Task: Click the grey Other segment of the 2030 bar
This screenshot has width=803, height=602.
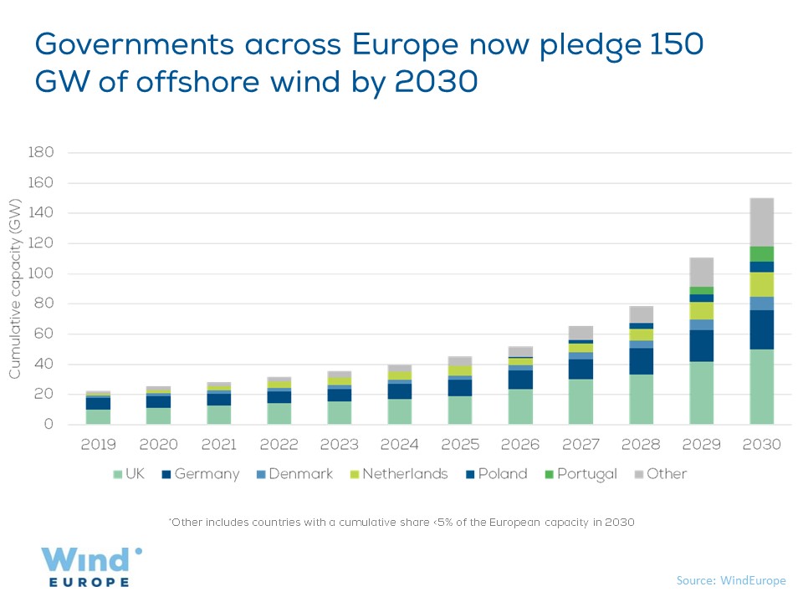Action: pyautogui.click(x=761, y=222)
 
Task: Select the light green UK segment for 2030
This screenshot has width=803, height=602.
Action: pyautogui.click(x=761, y=386)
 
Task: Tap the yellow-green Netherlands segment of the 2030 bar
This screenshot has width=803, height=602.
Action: pyautogui.click(x=761, y=284)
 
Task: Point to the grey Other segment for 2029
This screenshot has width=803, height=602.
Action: pyautogui.click(x=702, y=273)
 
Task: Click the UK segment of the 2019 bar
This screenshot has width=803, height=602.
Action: pyautogui.click(x=99, y=416)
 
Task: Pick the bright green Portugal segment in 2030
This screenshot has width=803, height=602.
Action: pyautogui.click(x=761, y=253)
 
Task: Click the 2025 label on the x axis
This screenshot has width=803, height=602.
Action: pyautogui.click(x=459, y=444)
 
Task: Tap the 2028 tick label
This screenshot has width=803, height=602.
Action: pyautogui.click(x=642, y=444)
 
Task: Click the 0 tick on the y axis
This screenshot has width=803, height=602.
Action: pyautogui.click(x=49, y=425)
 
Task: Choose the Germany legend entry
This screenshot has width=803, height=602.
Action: pyautogui.click(x=199, y=474)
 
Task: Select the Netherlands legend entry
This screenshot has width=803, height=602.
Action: pyautogui.click(x=397, y=474)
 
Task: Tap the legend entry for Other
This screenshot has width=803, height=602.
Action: pyautogui.click(x=658, y=474)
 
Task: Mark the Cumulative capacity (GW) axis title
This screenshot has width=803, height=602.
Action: pyautogui.click(x=15, y=288)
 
